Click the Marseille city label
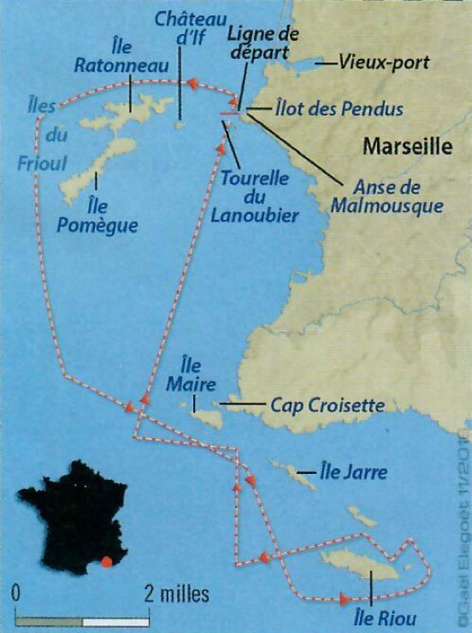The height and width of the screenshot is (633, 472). (407, 146)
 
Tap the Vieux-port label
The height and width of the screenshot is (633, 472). (383, 62)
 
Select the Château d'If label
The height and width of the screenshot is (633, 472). (184, 28)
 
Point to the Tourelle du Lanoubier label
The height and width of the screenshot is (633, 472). (258, 198)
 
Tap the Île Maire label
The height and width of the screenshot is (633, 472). (192, 375)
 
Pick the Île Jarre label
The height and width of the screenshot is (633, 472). (351, 471)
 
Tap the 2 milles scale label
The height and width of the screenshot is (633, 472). (176, 593)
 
